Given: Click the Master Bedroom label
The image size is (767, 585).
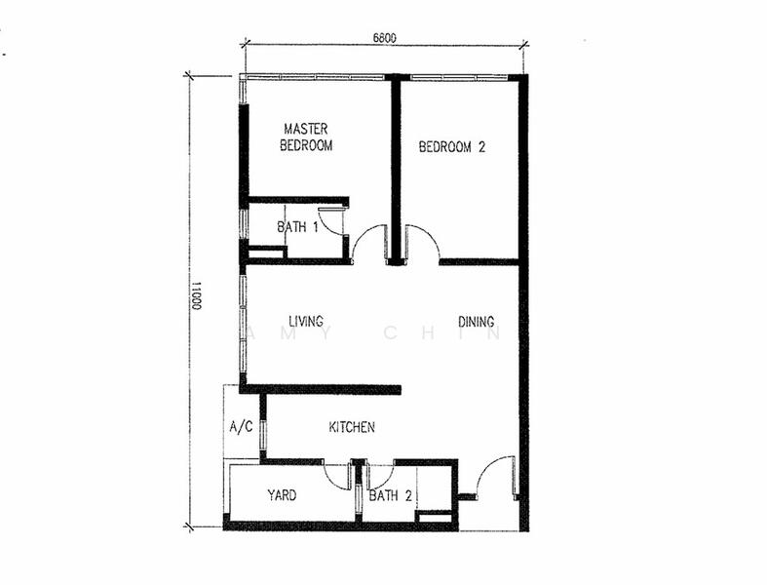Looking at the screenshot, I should (306, 137).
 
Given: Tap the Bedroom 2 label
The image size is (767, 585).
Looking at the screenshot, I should (451, 147).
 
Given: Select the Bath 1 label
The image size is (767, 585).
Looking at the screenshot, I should (298, 227).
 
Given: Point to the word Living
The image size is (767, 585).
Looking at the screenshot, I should (305, 322).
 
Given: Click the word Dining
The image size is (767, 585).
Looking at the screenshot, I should (476, 322).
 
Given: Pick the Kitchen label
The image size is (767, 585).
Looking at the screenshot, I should (351, 427).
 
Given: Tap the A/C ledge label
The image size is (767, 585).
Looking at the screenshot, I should (240, 427).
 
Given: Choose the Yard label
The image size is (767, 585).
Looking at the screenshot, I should (282, 495).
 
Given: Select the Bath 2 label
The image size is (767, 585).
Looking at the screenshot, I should (390, 495).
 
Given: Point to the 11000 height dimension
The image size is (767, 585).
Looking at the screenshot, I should (195, 296).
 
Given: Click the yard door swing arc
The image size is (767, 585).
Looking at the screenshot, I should (338, 476).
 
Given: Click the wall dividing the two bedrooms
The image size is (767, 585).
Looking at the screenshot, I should (396, 166).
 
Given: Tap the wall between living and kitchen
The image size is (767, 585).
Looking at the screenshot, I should (322, 389).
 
